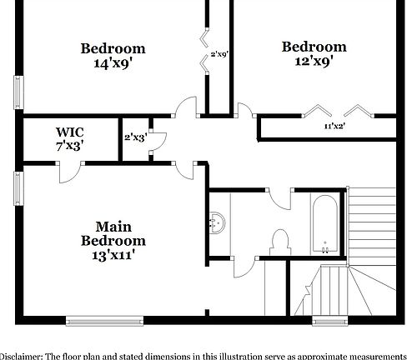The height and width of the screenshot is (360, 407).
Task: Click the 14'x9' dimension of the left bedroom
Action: coord(113,64)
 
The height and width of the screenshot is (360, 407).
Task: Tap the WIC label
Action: coord(69,132)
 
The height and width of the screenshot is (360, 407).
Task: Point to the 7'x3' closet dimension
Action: coord(69,146)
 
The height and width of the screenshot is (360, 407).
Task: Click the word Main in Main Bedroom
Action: coord(113,226)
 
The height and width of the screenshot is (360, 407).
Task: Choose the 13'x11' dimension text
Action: coord(113,257)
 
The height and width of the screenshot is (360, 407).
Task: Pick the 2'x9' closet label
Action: coord(219,54)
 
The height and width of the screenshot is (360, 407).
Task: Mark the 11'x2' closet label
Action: coord(335,126)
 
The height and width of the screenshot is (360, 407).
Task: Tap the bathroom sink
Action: coord(217,222)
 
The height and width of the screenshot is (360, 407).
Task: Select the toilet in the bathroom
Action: coord(280,242)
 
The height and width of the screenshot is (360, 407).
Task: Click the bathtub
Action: coord(324,223)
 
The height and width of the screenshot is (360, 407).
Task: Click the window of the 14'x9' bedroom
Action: coord(18,91)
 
